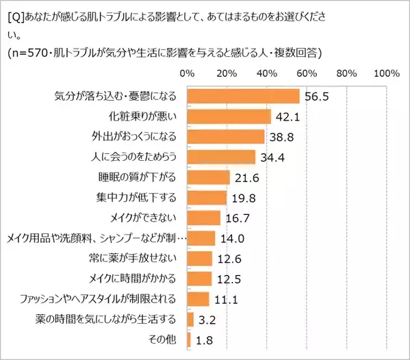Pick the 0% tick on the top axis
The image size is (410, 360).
[x=186, y=73]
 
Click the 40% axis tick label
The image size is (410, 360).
[x=266, y=73]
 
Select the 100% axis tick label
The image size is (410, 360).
[x=387, y=73]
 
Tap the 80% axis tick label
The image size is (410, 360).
[x=347, y=73]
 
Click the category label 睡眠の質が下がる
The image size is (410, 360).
[x=138, y=177]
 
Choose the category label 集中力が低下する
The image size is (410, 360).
[x=138, y=198]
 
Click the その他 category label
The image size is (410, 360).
[x=163, y=339]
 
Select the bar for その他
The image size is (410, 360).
[x=188, y=339]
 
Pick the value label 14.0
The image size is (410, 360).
[x=231, y=238]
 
